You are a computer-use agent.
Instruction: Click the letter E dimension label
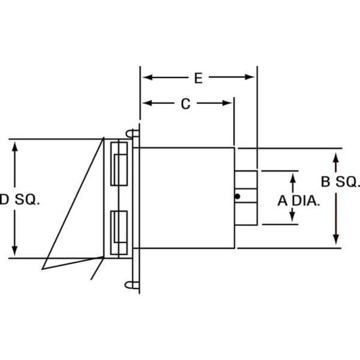pyautogui.click(x=198, y=77)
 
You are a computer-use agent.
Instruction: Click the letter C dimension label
pyautogui.click(x=186, y=104)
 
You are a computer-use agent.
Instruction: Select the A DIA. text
pyautogui.click(x=298, y=200)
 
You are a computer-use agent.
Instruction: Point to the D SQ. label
pyautogui.click(x=20, y=199)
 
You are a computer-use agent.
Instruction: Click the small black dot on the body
pyautogui.click(x=237, y=196)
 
